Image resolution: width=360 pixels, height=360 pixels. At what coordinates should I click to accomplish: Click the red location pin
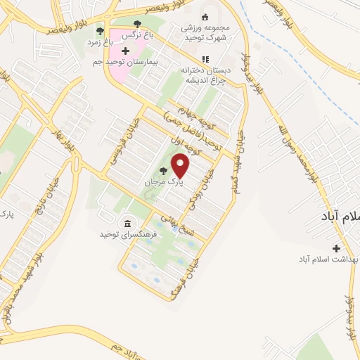[181, 165]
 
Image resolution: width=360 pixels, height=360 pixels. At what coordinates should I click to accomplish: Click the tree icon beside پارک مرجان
[163, 171]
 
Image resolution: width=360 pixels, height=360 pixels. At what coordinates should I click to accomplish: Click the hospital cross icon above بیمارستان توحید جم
[125, 51]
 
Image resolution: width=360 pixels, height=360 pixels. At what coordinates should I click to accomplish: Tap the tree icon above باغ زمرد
[100, 32]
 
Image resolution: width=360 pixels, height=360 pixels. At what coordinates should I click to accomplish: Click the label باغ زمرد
[100, 42]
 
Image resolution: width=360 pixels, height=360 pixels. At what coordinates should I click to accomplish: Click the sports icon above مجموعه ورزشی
[205, 18]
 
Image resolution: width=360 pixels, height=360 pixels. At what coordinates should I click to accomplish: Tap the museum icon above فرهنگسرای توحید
[127, 224]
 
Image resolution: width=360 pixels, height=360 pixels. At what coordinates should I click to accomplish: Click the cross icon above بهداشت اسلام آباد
[336, 248]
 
